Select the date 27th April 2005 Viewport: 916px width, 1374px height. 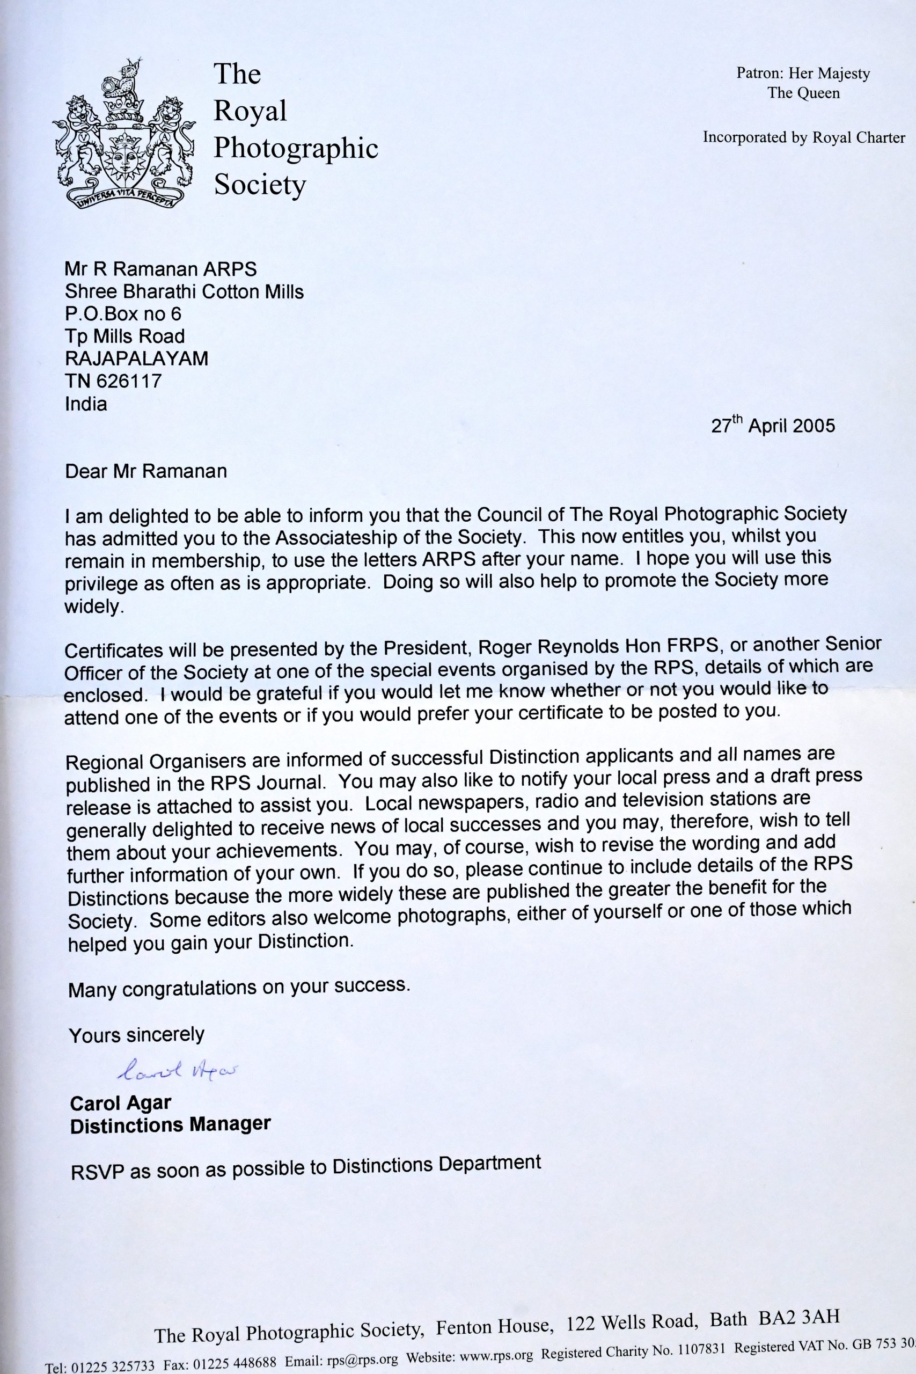773,425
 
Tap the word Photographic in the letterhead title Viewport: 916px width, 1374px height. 296,148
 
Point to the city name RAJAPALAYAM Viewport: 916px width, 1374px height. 137,358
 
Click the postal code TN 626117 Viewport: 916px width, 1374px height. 113,381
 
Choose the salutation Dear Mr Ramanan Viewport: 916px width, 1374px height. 146,471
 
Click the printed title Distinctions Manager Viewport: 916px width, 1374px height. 170,1124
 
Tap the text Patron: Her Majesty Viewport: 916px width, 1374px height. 803,74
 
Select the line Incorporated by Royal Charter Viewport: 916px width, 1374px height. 804,138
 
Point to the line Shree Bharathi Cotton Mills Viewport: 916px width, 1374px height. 185,291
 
